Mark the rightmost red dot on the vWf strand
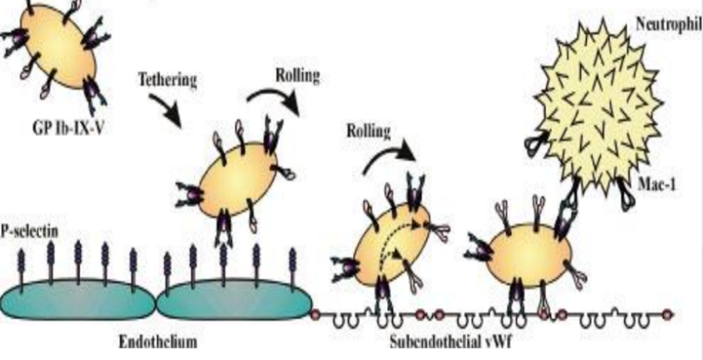tap(667, 313)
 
